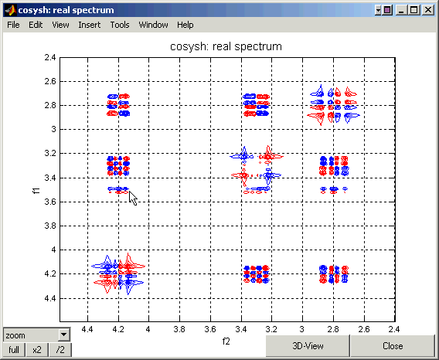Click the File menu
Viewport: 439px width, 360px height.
[13, 25]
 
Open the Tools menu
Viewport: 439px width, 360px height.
[120, 25]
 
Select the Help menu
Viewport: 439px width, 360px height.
[185, 25]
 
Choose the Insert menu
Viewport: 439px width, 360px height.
[90, 25]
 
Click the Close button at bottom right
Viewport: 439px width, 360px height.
[393, 346]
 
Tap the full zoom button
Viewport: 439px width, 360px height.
[14, 350]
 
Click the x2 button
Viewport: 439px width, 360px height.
[37, 350]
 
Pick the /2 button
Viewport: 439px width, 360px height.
[60, 350]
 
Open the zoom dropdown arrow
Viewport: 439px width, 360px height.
[64, 335]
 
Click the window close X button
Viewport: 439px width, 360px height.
[428, 10]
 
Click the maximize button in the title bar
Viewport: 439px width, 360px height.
[414, 10]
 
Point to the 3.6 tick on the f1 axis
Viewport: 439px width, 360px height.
[50, 202]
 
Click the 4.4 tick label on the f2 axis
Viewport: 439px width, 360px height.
[87, 329]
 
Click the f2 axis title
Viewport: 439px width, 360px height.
[226, 341]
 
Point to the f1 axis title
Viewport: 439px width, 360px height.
[36, 191]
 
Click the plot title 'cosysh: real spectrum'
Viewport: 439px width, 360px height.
[226, 46]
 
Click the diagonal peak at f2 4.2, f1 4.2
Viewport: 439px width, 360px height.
[118, 273]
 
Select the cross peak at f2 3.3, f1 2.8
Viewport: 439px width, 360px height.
[256, 105]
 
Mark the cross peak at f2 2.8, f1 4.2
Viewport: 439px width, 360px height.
[333, 274]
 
